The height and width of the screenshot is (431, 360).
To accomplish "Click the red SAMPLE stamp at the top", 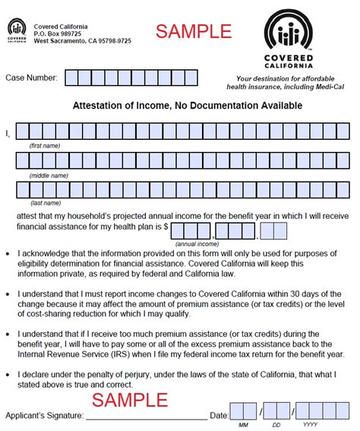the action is [193, 31].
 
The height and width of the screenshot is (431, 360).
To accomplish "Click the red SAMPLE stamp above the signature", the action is [130, 400].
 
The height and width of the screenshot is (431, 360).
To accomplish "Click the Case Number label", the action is [31, 78].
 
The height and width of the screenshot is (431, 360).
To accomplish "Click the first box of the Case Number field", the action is [72, 78].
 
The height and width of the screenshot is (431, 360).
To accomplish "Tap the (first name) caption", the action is [45, 144].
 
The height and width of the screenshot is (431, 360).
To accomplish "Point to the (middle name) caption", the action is [48, 175].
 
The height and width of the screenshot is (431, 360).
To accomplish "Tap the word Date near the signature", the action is [219, 415].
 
